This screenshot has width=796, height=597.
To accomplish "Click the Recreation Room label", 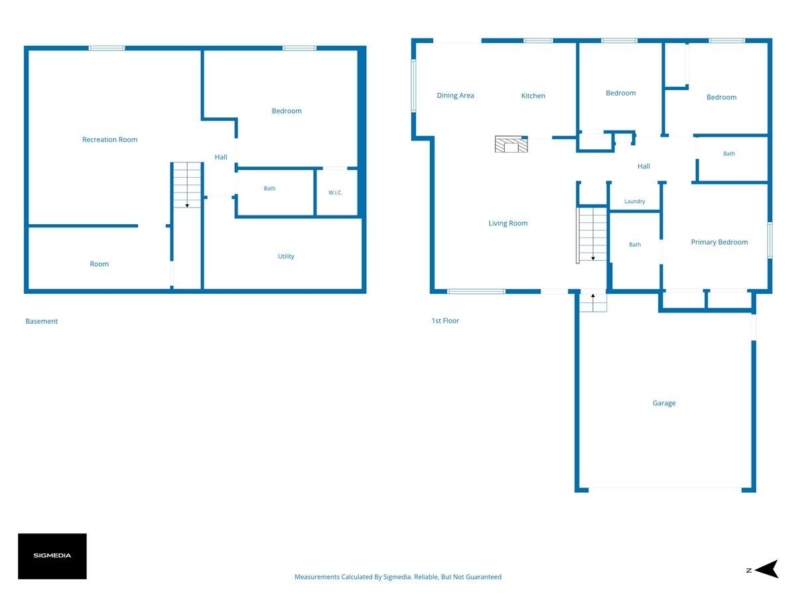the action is point(109,139).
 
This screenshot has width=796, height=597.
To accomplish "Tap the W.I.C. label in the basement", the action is point(335,192).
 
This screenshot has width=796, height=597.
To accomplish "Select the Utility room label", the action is point(286,256).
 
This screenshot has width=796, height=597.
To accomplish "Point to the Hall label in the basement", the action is point(220,157).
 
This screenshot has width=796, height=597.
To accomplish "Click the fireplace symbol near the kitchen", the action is point(511,144).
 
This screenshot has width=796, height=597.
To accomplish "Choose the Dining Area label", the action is point(455,96).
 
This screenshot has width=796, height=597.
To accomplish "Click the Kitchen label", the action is point(533,96).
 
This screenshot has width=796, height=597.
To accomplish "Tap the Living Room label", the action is point(507,224).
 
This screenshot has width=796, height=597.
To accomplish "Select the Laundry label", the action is point(634,202).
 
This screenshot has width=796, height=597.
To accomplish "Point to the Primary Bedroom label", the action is point(719,242).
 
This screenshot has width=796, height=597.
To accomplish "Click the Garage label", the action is point(663,403).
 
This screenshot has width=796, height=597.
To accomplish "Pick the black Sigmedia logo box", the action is point(52,556).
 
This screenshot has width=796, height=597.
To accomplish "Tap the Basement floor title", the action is point(41,321).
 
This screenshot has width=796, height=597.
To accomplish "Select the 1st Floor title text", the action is point(445,321).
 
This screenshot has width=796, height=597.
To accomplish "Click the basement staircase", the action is point(187,185).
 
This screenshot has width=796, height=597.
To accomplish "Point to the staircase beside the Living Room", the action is point(592,234).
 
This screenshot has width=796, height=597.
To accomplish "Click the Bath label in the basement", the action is point(269,188).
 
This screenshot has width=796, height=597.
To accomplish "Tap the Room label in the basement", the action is point(99,264).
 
